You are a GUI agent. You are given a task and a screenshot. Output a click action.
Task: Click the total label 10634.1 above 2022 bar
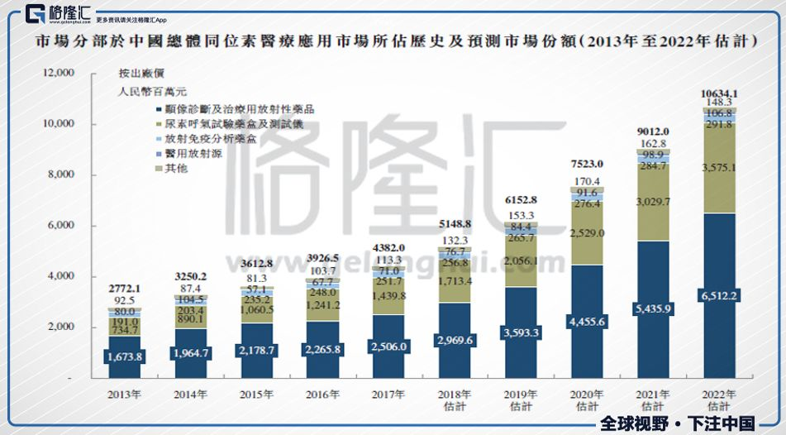[x=718, y=93]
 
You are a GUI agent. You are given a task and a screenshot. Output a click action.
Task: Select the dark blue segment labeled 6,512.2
[x=718, y=296]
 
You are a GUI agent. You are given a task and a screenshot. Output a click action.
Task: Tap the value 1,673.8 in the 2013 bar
[x=124, y=357]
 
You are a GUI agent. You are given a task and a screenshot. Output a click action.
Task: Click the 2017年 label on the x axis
[x=388, y=394]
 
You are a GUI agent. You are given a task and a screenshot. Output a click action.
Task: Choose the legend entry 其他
[x=176, y=168]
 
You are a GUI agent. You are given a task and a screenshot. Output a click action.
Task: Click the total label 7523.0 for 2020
[x=587, y=163]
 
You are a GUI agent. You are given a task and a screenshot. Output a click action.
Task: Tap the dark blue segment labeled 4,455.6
[x=587, y=322]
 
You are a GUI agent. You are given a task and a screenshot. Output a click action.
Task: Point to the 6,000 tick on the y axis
[x=60, y=226]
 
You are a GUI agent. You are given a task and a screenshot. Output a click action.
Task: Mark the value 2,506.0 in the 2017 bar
[x=388, y=347]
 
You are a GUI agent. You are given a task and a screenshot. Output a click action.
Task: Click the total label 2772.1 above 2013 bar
[x=124, y=288]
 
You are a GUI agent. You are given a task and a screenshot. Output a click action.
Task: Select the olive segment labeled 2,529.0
[x=587, y=233]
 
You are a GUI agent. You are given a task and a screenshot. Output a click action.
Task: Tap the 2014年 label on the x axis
[x=190, y=394]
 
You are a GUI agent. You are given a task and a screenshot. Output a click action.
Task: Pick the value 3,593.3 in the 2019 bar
[x=521, y=333]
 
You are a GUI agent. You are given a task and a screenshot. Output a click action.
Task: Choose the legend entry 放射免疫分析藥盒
[x=210, y=138]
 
